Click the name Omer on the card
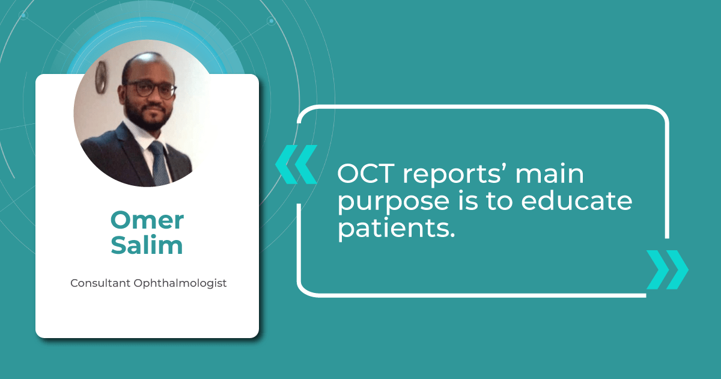147,220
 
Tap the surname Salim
147,245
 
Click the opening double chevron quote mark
296,164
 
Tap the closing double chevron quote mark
667,270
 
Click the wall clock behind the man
101,78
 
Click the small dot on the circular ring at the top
271,22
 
